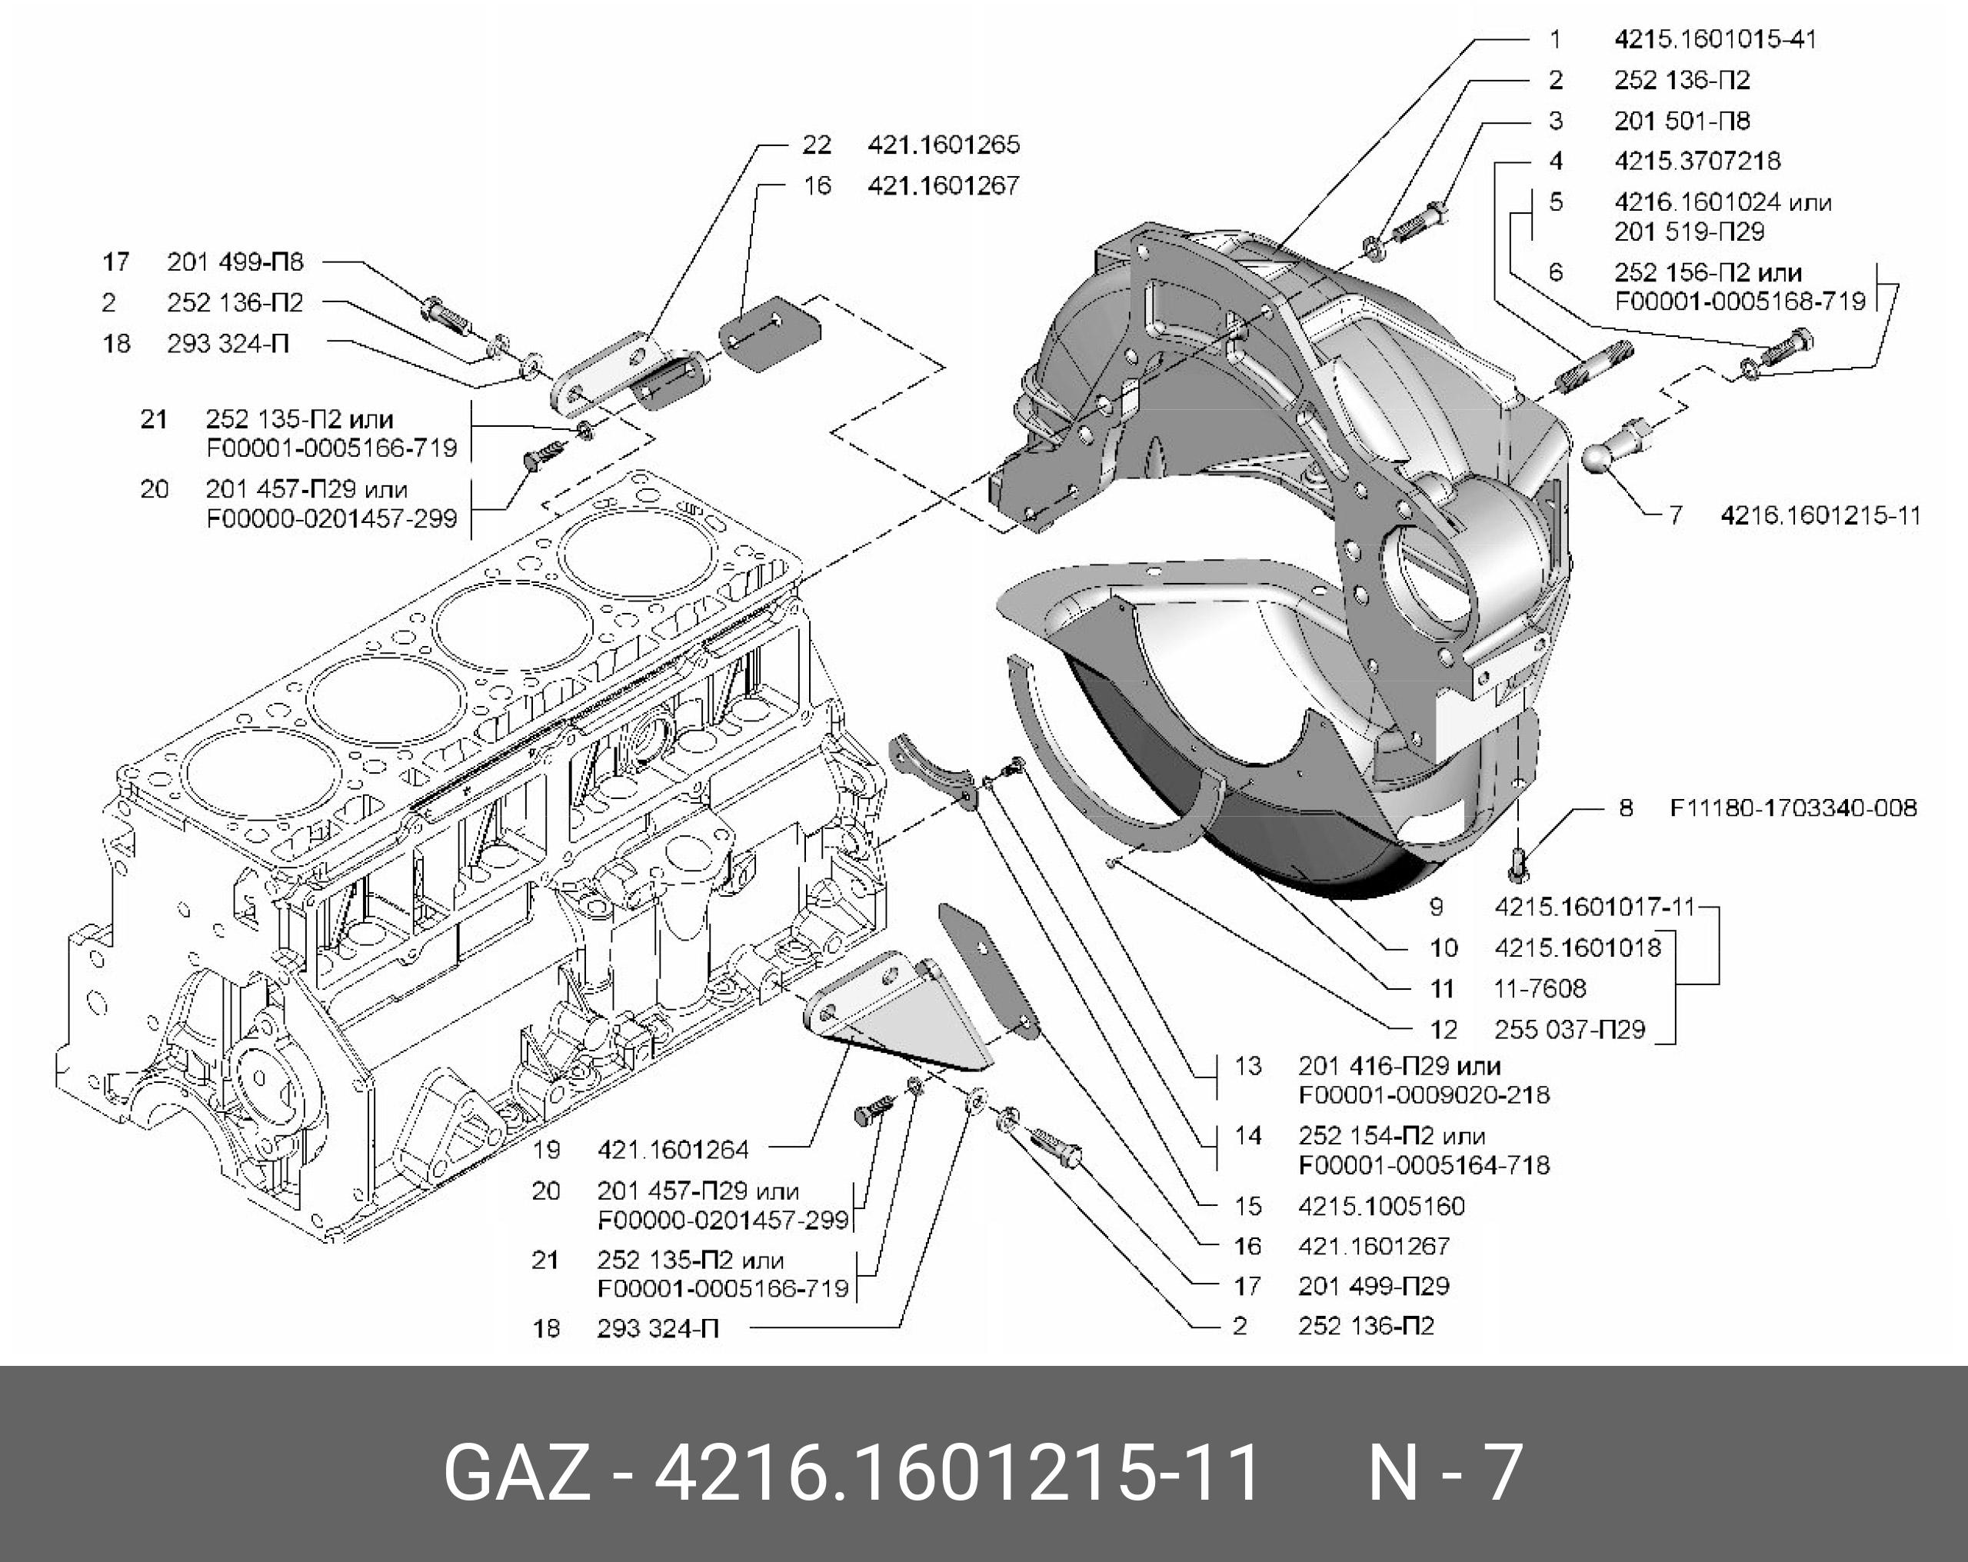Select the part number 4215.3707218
click(1697, 162)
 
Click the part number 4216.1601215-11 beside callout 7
click(1820, 516)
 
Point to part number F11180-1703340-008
click(1793, 808)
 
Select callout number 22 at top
click(817, 145)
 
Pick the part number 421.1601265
click(943, 145)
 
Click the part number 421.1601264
click(673, 1149)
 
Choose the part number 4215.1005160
click(1382, 1206)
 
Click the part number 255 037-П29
click(1569, 1030)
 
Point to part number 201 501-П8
click(1681, 121)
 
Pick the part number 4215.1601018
click(1577, 948)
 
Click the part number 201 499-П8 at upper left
click(235, 263)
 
